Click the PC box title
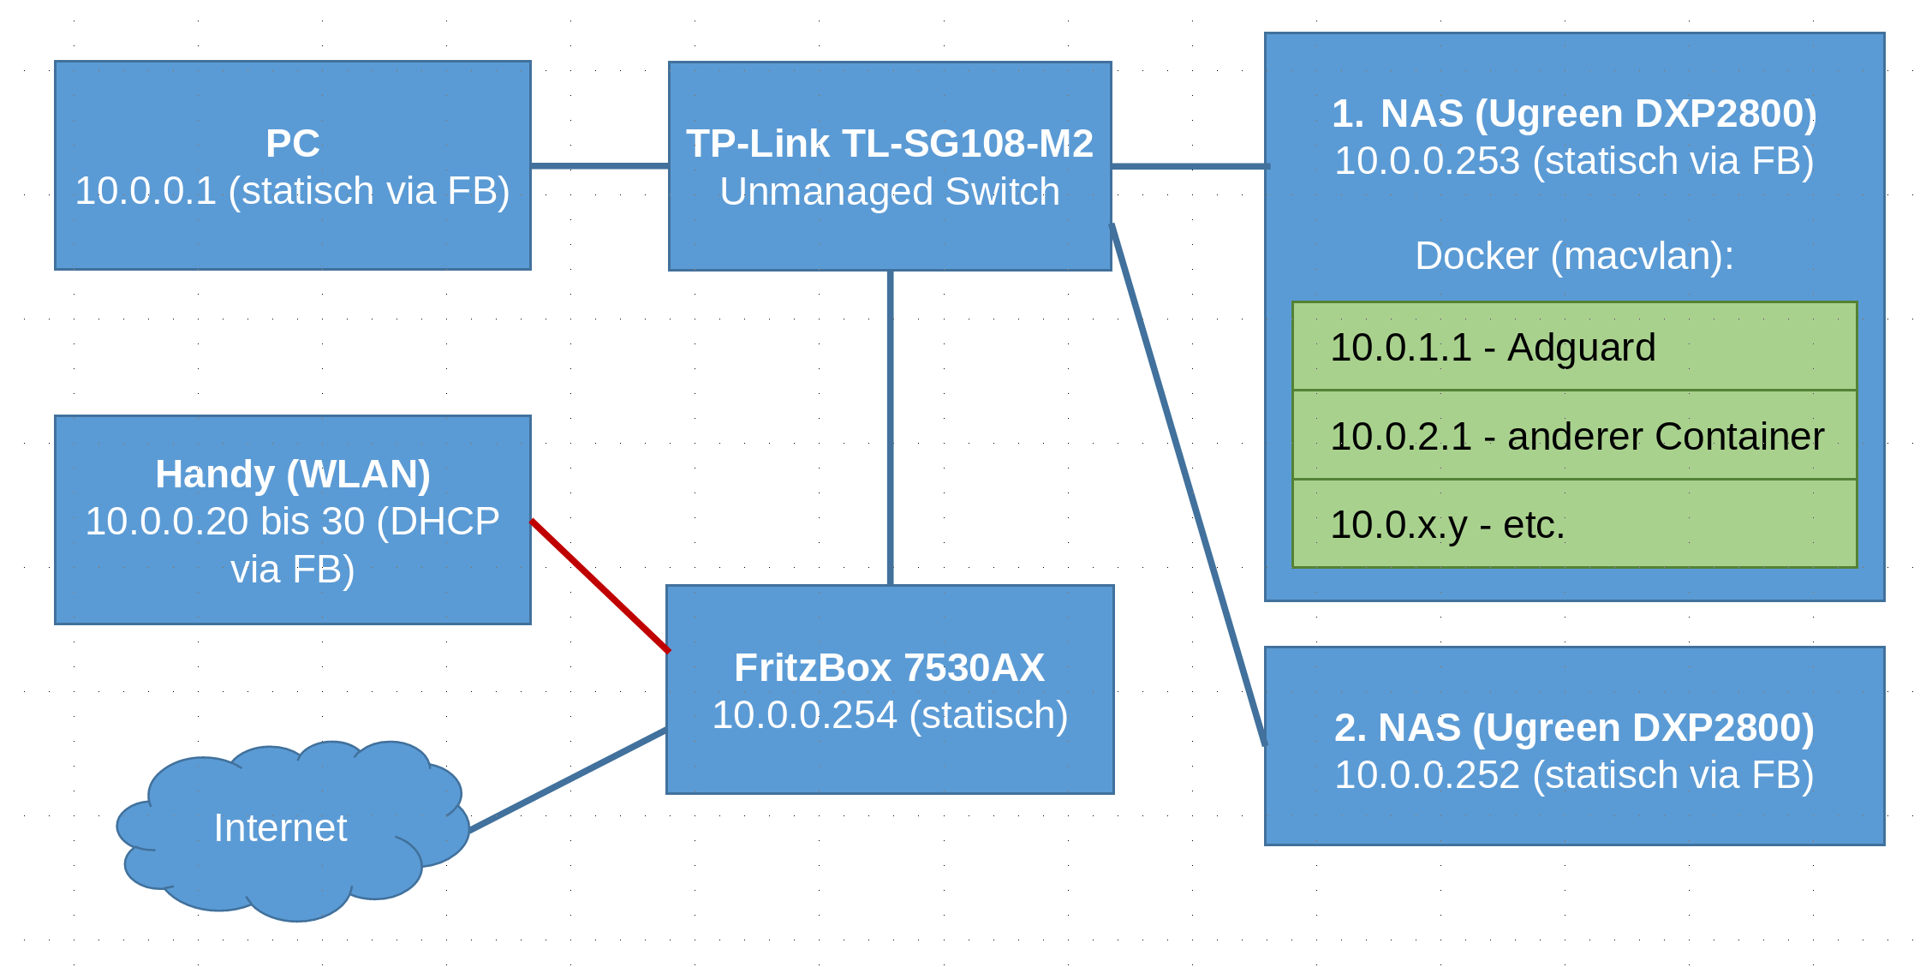[x=293, y=143]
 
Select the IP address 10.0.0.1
[x=146, y=190]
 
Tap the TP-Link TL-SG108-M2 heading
[x=890, y=143]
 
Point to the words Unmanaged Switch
[x=890, y=191]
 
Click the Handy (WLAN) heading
[x=293, y=474]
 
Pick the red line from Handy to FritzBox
[x=599, y=586]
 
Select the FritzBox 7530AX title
[x=890, y=667]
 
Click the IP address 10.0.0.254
[x=804, y=714]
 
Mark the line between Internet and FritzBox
[x=568, y=780]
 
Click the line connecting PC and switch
[x=599, y=165]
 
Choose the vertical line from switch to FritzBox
[x=891, y=428]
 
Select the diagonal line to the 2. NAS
[x=1188, y=484]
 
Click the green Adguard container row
[x=1574, y=346]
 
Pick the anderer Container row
[x=1574, y=435]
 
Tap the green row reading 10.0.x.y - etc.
[x=1574, y=523]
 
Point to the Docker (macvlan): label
[x=1574, y=255]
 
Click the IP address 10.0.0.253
[x=1427, y=161]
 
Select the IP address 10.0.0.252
[x=1427, y=774]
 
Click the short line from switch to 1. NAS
[x=1190, y=165]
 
